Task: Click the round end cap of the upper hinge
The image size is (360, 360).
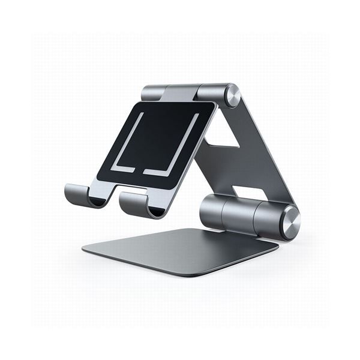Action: [232, 95]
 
